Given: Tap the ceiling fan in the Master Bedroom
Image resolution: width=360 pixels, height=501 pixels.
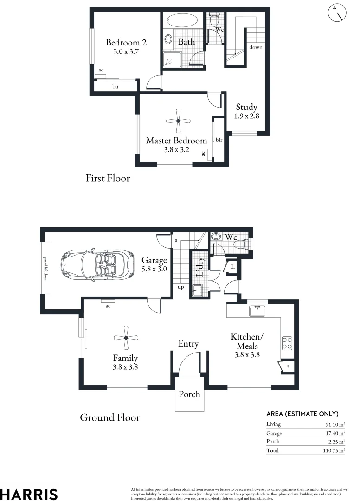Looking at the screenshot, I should click(x=178, y=121).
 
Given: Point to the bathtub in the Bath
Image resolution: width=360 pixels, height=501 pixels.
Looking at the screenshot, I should click(x=182, y=21).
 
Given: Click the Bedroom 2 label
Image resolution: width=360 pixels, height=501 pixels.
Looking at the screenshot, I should click(x=126, y=43).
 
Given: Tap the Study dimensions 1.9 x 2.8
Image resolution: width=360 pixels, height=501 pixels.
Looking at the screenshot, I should click(x=246, y=116).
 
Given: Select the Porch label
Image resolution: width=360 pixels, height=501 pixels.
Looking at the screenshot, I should click(x=189, y=394).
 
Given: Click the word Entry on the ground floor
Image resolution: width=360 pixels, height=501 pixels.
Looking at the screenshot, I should click(x=188, y=344).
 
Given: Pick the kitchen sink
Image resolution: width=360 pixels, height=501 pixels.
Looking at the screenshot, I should click(x=257, y=311).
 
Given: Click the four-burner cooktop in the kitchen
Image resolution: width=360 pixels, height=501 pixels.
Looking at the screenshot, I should click(x=287, y=343).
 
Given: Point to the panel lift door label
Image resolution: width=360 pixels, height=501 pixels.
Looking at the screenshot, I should click(x=45, y=268).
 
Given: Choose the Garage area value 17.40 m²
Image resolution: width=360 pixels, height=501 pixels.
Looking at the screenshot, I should click(x=334, y=433).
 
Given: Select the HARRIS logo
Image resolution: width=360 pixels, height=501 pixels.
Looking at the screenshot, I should click(x=29, y=494).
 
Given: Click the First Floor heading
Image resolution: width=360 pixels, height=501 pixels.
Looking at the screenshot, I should click(x=108, y=178).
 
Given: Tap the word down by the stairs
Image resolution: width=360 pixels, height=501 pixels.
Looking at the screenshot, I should click(x=256, y=47).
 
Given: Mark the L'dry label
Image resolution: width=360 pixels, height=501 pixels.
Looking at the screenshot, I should click(x=200, y=267).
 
